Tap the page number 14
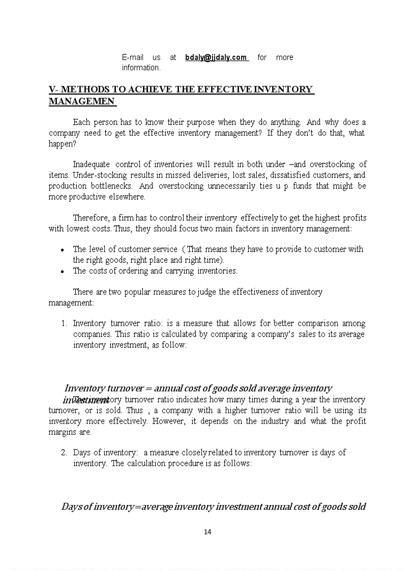207,532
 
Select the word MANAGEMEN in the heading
81,101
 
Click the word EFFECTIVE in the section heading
214,89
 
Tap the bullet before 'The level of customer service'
62,250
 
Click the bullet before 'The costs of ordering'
62,272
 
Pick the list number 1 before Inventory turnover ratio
64,323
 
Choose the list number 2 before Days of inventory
64,453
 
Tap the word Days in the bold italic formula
71,506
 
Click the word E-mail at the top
132,57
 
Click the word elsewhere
126,197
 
